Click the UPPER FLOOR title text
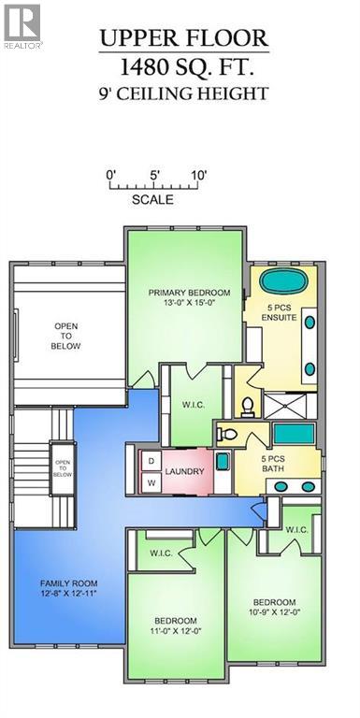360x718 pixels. click(184, 38)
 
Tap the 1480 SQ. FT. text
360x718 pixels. click(184, 65)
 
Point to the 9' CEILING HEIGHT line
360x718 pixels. click(184, 93)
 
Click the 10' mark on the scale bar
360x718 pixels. click(198, 175)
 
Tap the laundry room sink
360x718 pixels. click(223, 461)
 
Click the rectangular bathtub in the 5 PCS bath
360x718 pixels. click(293, 436)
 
